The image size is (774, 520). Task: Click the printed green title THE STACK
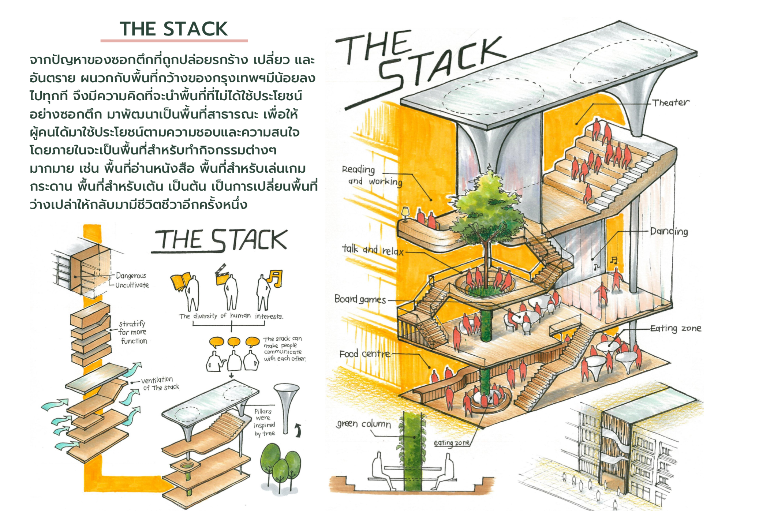tap(173, 29)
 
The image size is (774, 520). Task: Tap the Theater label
tap(670, 103)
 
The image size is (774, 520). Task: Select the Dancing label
tap(669, 231)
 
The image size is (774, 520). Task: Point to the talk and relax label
tap(373, 250)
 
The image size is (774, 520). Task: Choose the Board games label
tap(360, 299)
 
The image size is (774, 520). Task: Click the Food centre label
tap(364, 354)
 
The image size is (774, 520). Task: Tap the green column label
tap(363, 424)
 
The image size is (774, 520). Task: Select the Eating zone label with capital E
tap(676, 328)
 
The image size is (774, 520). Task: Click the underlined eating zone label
tap(452, 443)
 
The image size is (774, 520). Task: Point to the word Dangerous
tap(131, 276)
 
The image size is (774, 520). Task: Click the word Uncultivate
tap(132, 285)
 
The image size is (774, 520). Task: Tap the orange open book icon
tap(181, 282)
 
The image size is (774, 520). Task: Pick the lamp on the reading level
tap(405, 214)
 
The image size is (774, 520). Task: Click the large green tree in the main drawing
tap(485, 209)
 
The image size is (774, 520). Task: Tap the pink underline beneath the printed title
tap(174, 41)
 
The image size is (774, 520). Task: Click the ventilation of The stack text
tap(160, 384)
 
